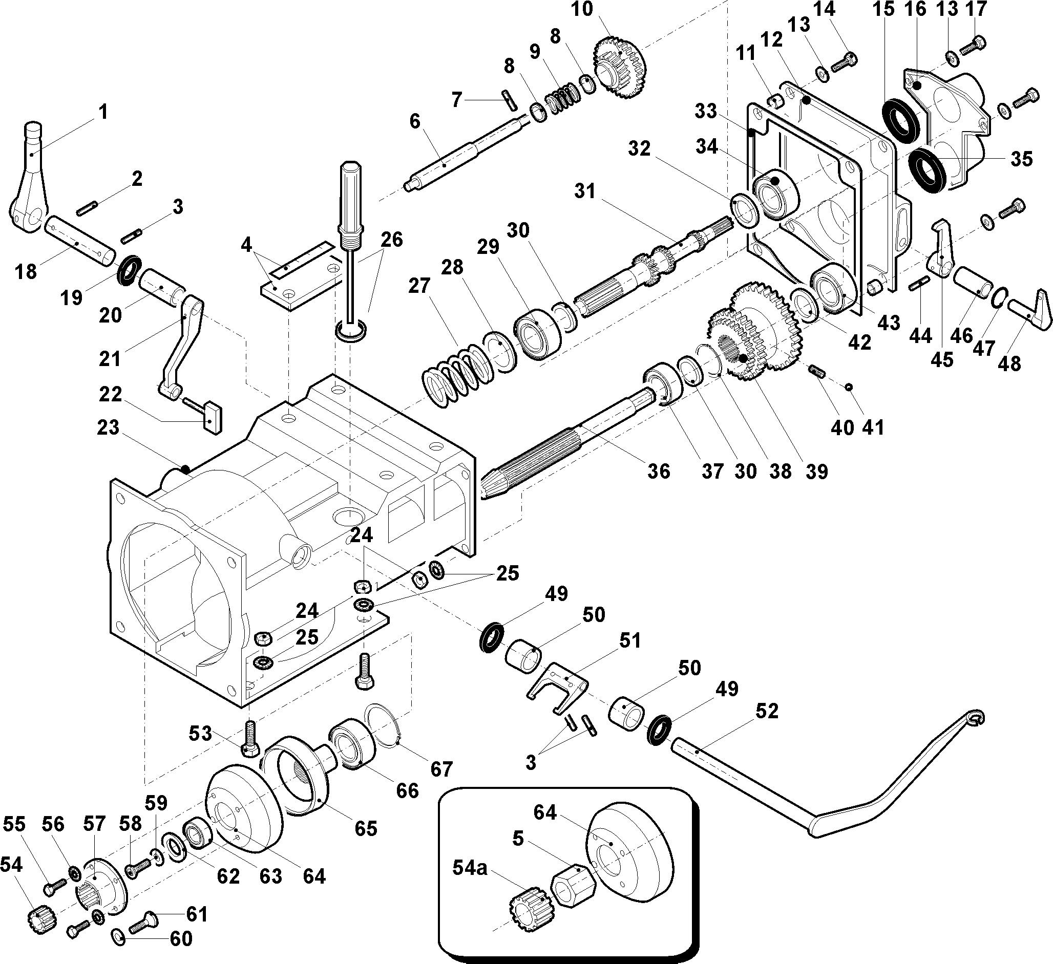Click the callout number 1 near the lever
pos(103,112)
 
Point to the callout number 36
pos(658,471)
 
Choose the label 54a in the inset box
pos(470,868)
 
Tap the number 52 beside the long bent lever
pos(767,711)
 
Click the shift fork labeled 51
pos(557,685)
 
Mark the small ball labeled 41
pos(849,387)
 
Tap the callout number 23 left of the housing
pos(108,427)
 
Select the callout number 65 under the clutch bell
pos(365,828)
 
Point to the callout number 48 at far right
pos(1009,363)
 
